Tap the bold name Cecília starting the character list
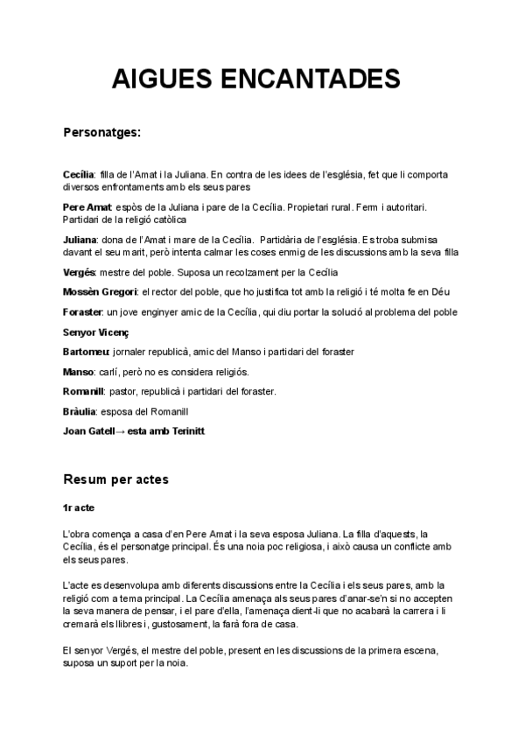[x=79, y=175]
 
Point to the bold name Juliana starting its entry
[x=80, y=239]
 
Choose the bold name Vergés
[x=79, y=272]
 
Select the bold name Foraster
[x=83, y=312]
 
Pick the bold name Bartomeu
[x=87, y=352]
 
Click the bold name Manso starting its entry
[x=78, y=372]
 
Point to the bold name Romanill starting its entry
[x=85, y=391]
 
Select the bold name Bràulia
[x=80, y=411]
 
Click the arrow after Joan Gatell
[x=121, y=431]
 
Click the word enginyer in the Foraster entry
[x=148, y=312]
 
